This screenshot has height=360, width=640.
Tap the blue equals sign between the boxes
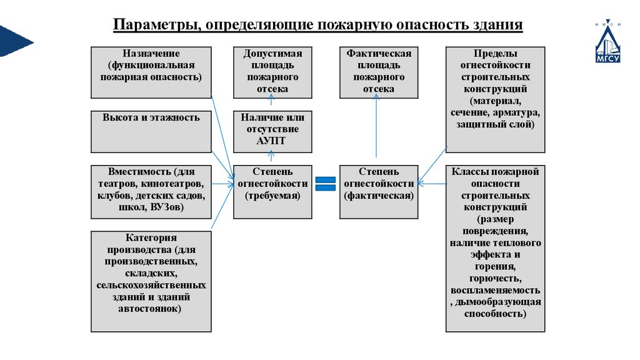tap(325, 183)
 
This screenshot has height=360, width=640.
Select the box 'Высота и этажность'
tap(151, 132)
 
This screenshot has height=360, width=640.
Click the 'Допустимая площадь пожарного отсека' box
tap(272, 72)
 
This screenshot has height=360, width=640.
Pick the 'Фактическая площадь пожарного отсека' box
tap(379, 72)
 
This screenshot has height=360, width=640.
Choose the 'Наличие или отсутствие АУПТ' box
tap(272, 131)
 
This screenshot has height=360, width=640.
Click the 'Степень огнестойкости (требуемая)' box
tap(272, 191)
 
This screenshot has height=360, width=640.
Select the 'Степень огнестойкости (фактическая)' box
tap(379, 191)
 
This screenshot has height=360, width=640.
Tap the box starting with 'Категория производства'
tap(151, 281)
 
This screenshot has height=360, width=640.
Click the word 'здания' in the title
tap(499, 26)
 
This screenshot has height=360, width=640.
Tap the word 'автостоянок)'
tap(151, 309)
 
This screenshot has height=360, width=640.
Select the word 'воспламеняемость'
tap(495, 291)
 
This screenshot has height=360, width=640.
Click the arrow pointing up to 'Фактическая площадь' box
tap(377, 128)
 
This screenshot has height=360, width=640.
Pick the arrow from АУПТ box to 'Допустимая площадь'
tap(272, 105)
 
